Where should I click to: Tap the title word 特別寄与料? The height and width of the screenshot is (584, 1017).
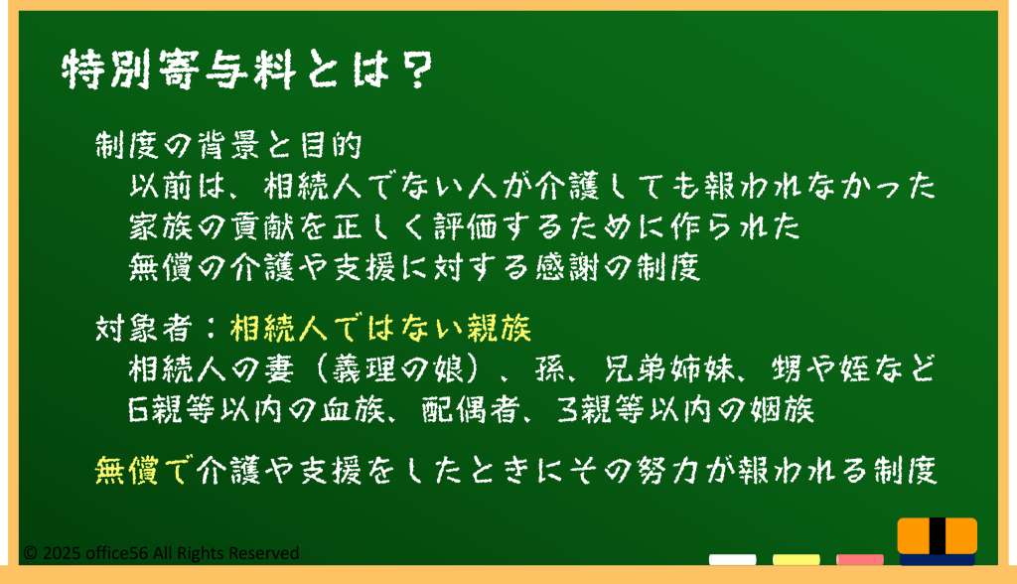tap(179, 71)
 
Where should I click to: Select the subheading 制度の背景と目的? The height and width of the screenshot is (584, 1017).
tap(228, 145)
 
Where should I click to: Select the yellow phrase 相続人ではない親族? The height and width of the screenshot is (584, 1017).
tap(380, 329)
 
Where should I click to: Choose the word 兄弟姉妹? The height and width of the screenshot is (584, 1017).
tap(669, 369)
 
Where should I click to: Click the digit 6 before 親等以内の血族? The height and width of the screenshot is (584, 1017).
tap(139, 410)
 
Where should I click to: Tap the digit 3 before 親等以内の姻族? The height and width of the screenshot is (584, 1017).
tap(567, 410)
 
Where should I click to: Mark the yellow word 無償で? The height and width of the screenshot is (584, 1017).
tap(143, 471)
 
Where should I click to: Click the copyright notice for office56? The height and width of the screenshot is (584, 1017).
tap(161, 553)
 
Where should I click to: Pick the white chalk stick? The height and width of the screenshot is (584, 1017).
tap(732, 559)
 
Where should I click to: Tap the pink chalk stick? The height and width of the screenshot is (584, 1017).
tap(860, 559)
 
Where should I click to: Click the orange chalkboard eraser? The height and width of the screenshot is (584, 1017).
tap(938, 541)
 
